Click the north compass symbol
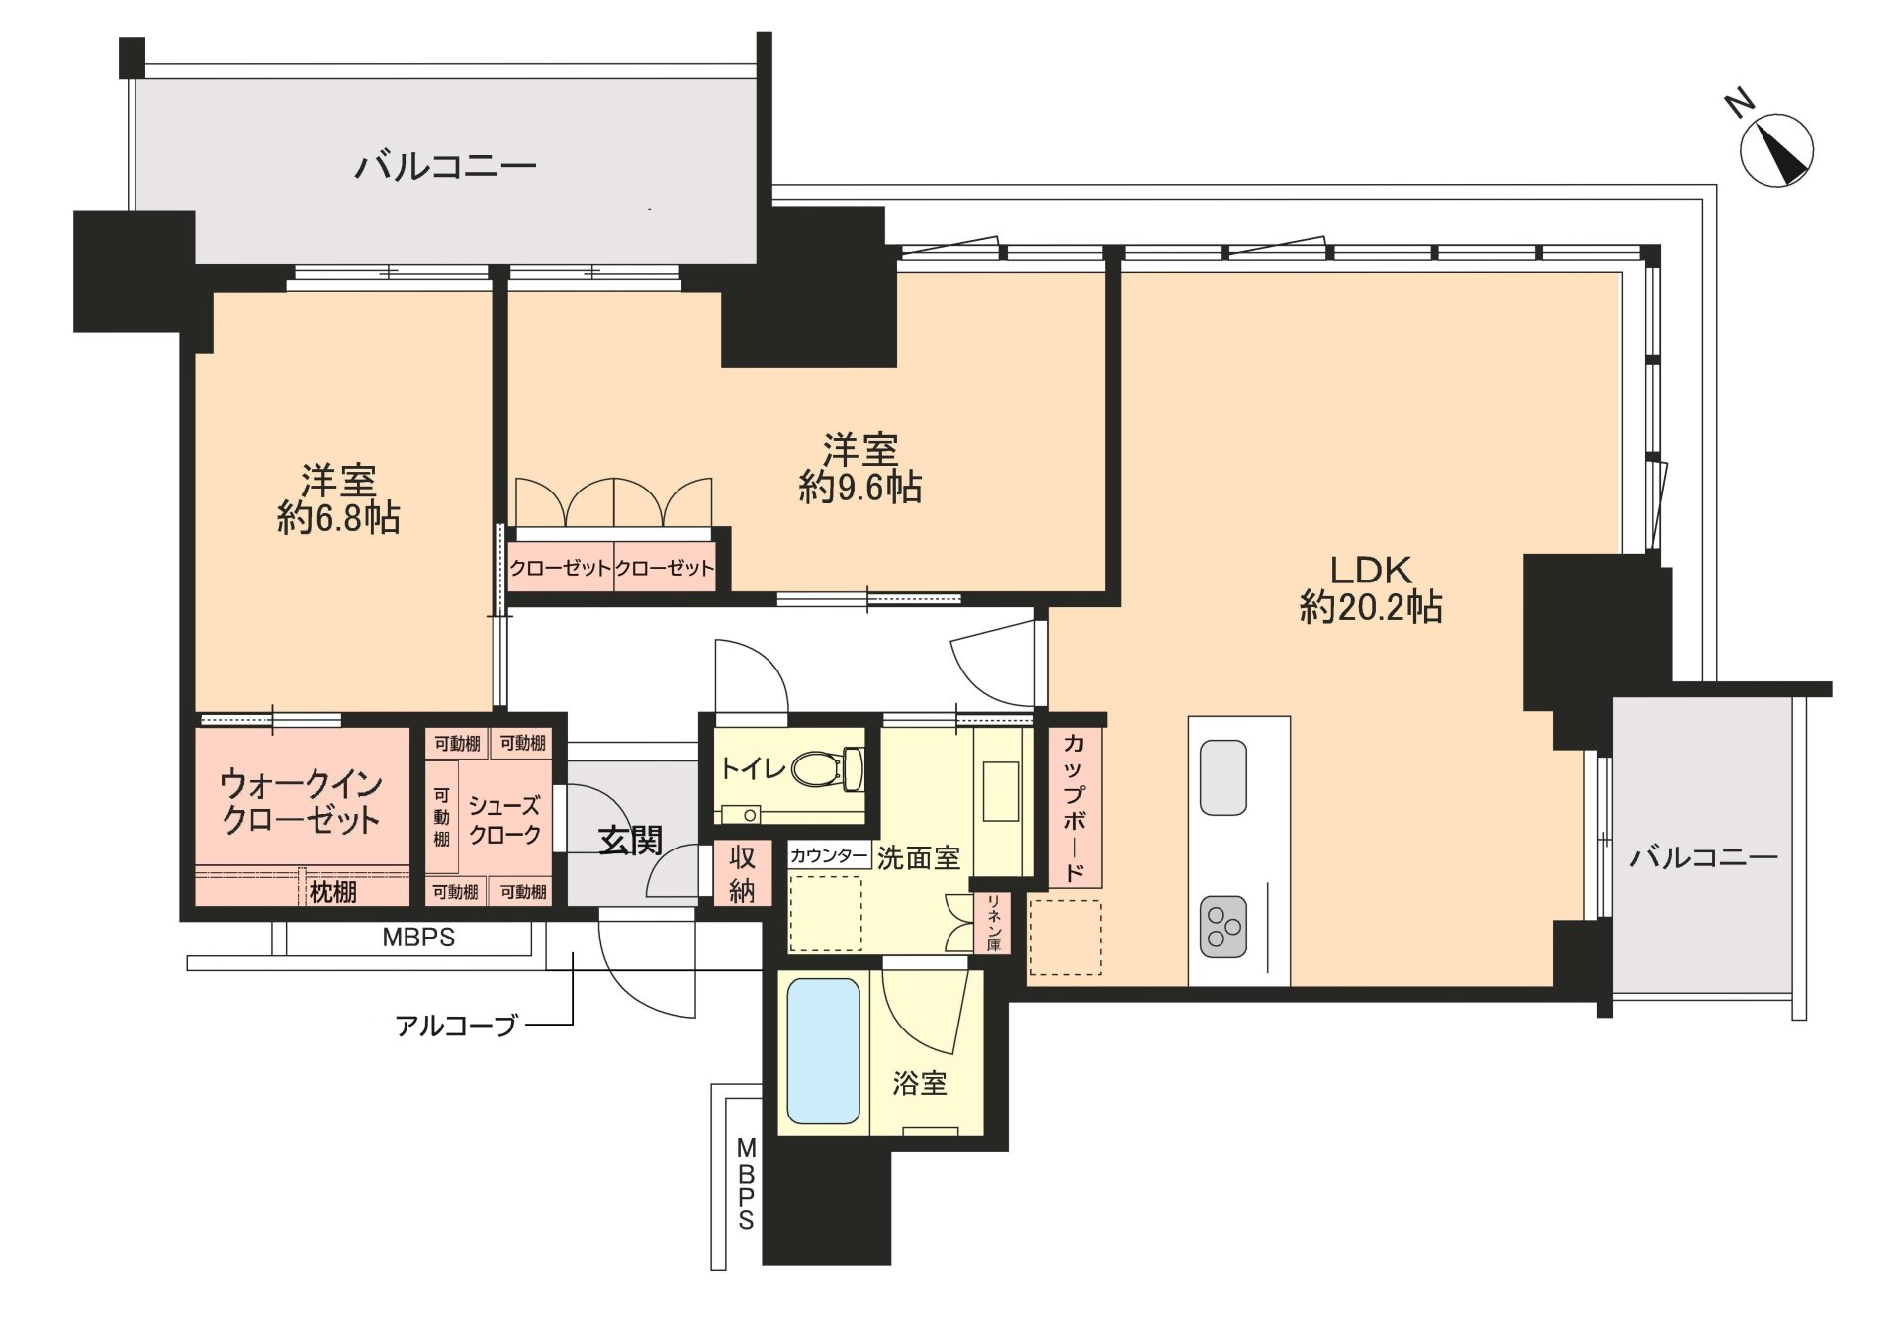tap(1776, 150)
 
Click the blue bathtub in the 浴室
tap(823, 1050)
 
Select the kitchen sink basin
tap(1222, 777)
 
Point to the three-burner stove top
tap(1223, 927)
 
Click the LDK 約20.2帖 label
tap(1371, 588)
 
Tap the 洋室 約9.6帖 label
tap(860, 469)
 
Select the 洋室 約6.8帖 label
tap(338, 499)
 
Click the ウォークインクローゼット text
tap(301, 802)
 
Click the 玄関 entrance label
tap(631, 841)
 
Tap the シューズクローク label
tap(504, 821)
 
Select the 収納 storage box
tap(741, 873)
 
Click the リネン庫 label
tap(993, 923)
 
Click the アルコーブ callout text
tap(456, 1026)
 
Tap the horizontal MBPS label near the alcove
tap(418, 938)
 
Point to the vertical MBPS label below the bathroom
tap(746, 1185)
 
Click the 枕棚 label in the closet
tap(333, 892)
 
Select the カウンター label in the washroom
tap(829, 855)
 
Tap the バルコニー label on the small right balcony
tap(1703, 857)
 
